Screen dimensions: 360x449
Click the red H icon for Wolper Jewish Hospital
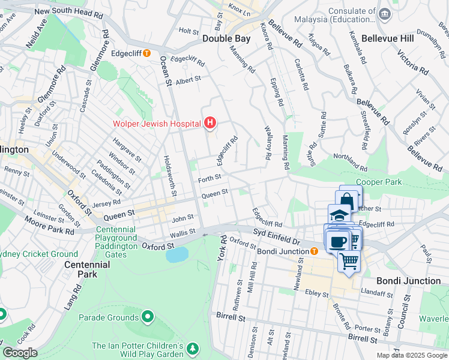210,124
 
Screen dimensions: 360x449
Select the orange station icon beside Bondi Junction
313,250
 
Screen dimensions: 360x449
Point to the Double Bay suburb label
226,38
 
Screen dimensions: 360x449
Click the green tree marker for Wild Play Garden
193,348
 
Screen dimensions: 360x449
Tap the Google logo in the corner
20,353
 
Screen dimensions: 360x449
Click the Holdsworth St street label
169,175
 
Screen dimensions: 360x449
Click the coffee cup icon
338,241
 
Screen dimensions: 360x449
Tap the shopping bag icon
348,200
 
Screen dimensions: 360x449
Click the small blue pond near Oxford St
176,254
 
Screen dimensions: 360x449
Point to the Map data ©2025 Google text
411,355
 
